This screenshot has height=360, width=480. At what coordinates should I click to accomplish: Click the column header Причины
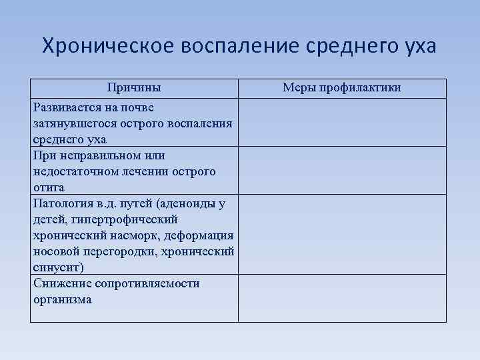pos(135,88)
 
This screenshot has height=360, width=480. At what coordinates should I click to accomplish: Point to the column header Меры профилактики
pos(342,88)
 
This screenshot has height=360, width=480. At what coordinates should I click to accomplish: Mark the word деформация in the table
pos(201,235)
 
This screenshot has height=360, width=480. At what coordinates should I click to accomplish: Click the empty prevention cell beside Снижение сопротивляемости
pos(342,298)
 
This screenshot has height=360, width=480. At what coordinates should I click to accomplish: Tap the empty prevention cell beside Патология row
pos(342,234)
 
